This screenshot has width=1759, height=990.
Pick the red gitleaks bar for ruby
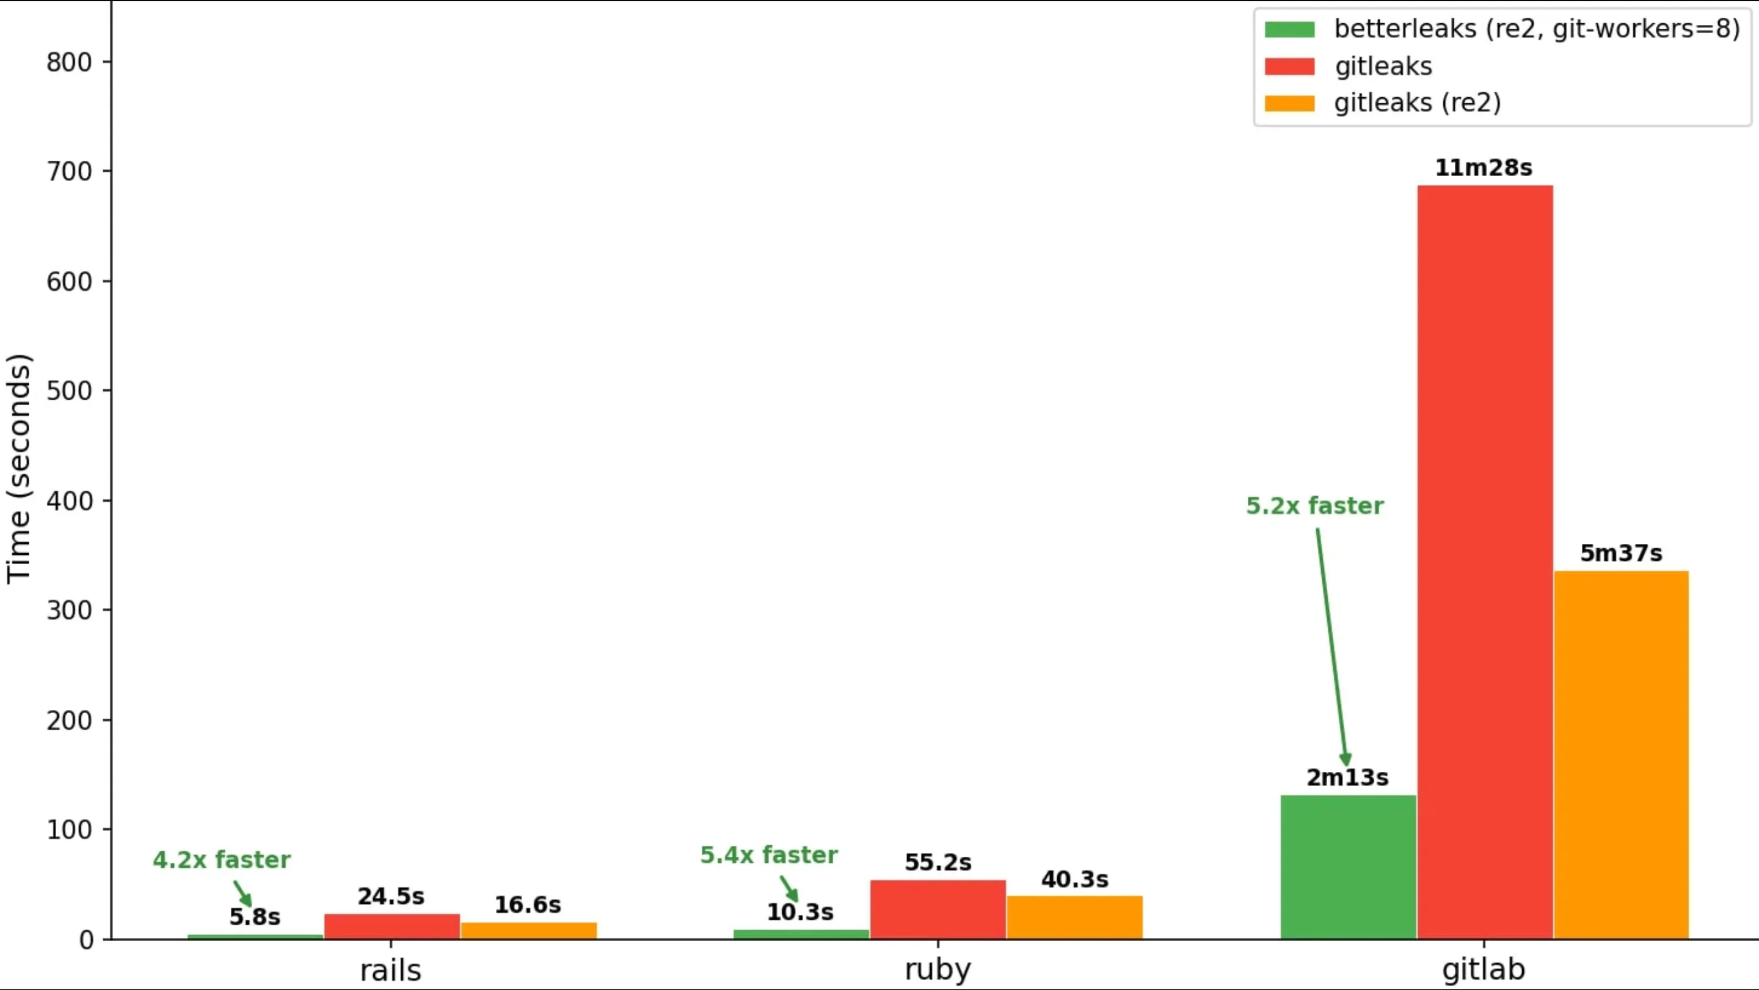(x=938, y=909)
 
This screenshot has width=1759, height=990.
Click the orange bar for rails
(x=528, y=931)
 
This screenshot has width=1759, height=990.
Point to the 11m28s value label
(x=1483, y=168)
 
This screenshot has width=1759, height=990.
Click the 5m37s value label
(x=1620, y=552)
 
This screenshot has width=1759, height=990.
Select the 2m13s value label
(x=1347, y=777)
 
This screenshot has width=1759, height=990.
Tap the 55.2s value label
(x=938, y=862)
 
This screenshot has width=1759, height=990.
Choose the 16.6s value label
(x=527, y=904)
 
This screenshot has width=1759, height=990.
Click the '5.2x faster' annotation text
(x=1314, y=505)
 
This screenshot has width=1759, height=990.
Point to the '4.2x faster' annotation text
(x=221, y=859)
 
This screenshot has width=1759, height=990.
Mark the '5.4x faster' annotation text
(x=768, y=855)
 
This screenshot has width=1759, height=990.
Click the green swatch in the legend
(x=1289, y=29)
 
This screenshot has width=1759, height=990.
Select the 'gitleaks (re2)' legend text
(x=1418, y=103)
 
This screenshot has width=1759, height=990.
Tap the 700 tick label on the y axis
(x=69, y=172)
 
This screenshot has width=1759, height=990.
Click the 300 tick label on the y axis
(x=69, y=610)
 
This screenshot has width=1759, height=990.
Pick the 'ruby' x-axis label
(x=938, y=969)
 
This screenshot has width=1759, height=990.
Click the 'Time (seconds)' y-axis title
(x=19, y=469)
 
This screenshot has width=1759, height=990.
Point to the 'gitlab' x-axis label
(x=1483, y=969)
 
